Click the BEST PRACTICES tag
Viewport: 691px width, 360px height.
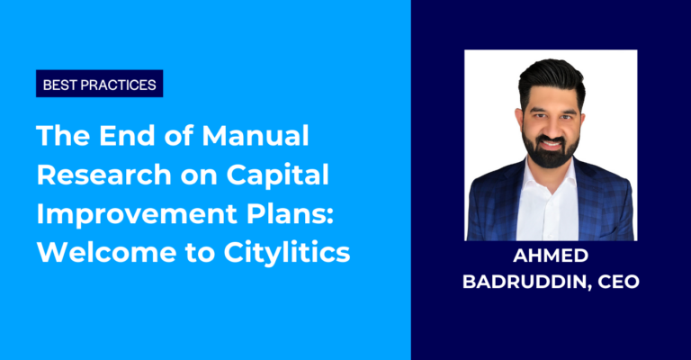point(100,85)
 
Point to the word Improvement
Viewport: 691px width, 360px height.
point(124,212)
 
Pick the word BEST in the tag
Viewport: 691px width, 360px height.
point(63,85)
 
